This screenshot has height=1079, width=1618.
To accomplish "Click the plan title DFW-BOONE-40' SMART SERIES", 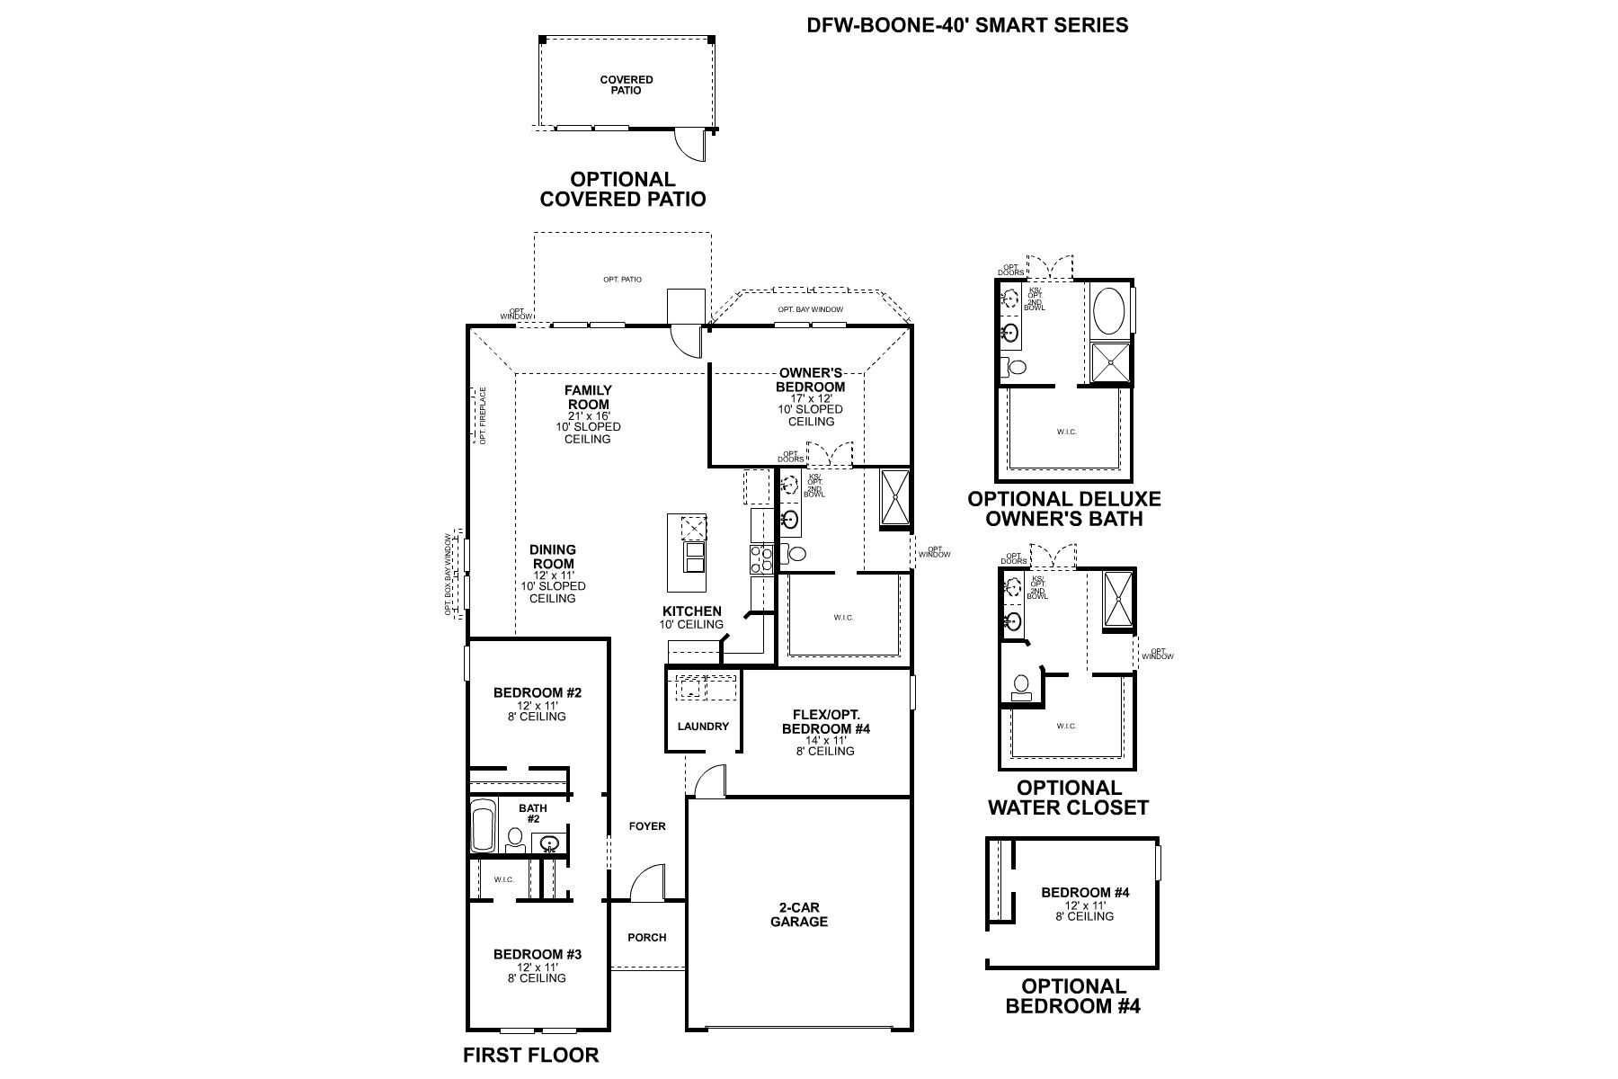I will (x=967, y=25).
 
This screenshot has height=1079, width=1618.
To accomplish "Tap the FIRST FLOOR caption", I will (x=530, y=1055).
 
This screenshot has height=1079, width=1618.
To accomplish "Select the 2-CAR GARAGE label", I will (x=798, y=914).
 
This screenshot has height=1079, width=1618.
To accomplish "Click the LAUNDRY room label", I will (x=703, y=727).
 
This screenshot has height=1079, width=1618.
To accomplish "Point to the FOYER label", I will (x=647, y=825).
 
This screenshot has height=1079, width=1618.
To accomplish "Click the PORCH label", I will (x=647, y=937).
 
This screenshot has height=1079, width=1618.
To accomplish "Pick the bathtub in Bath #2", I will (x=484, y=825).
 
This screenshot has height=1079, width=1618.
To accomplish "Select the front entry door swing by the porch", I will (x=647, y=885).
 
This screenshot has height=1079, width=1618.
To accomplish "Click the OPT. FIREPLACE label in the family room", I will (x=483, y=415).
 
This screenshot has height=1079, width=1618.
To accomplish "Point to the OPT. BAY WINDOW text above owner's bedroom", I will (x=810, y=309).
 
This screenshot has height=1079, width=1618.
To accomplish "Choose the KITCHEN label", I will (x=691, y=611).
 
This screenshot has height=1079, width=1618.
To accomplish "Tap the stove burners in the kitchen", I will (x=760, y=559).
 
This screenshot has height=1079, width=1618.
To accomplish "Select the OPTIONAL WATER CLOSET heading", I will (x=1068, y=798).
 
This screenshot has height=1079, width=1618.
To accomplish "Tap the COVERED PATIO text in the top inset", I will (x=627, y=85).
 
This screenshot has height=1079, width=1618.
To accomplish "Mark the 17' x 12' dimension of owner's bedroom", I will (x=810, y=398).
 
